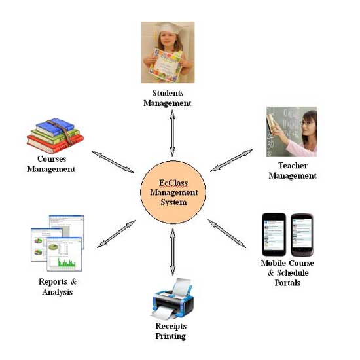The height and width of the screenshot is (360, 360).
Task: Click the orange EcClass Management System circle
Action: (173, 192)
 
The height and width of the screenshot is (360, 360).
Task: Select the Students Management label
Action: (168, 98)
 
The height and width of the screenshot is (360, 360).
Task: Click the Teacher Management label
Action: (293, 171)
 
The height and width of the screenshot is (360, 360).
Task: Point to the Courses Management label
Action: (51, 164)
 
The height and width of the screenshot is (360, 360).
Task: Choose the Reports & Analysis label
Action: (58, 287)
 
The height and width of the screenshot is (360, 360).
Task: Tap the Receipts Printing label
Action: (171, 331)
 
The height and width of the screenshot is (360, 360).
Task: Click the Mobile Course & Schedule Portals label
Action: (287, 273)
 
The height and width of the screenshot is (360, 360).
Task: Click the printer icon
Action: (173, 298)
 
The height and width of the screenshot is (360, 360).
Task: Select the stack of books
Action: (55, 135)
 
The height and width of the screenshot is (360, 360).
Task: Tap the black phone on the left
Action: (274, 234)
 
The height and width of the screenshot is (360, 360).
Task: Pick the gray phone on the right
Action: (302, 234)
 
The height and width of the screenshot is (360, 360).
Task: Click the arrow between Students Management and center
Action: (172, 134)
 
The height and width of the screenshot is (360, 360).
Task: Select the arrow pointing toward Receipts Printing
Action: (173, 252)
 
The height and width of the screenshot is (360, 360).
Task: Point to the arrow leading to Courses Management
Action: (113, 162)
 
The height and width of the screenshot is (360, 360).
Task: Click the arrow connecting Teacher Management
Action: (232, 160)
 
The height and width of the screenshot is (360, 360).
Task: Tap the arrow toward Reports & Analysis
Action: (117, 234)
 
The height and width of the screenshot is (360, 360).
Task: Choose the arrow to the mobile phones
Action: (227, 234)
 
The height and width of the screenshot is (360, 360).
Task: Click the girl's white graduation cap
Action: (170, 28)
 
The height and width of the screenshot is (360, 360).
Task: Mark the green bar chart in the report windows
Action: (67, 262)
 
